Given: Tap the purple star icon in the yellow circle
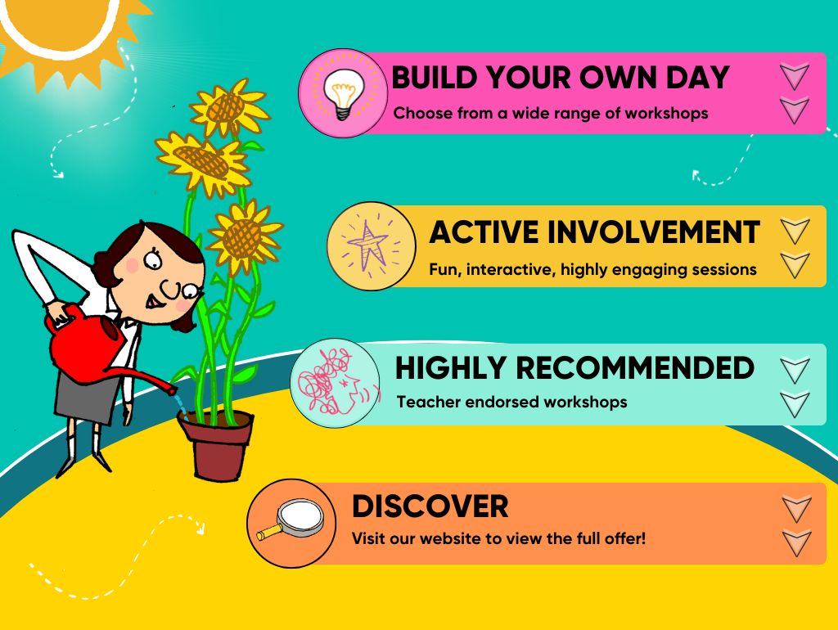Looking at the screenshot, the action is [368, 245].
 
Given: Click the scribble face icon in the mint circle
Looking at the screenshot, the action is [334, 381].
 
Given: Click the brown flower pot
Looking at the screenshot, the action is [216, 444].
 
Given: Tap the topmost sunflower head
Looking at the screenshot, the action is [230, 107].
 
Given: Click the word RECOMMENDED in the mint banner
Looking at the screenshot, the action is [635, 368].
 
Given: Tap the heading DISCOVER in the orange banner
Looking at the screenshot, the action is [430, 506].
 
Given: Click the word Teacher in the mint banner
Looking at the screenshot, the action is [429, 402].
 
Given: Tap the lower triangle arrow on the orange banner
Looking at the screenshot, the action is [797, 542].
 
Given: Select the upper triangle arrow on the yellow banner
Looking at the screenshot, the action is [795, 231].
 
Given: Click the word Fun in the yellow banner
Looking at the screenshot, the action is [444, 269].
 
